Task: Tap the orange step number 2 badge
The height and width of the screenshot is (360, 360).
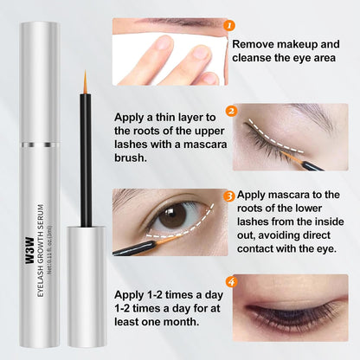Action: (x=230, y=111)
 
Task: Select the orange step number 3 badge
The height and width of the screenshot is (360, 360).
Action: (x=229, y=196)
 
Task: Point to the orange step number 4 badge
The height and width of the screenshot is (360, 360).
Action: (x=229, y=281)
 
